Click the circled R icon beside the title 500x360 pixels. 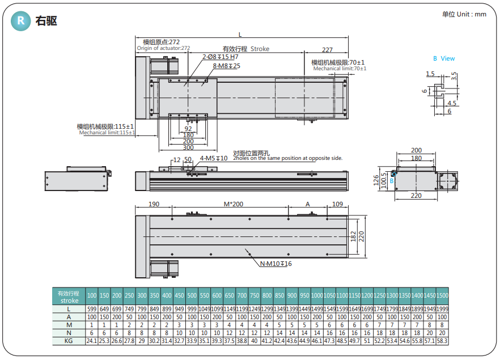point(21,21)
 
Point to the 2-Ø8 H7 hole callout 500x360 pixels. point(220,57)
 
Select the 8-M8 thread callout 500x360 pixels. point(226,66)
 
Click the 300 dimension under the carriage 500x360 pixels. point(189,147)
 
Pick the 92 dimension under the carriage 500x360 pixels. point(189,129)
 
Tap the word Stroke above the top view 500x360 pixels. point(260,49)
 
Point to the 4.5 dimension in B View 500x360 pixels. point(452,103)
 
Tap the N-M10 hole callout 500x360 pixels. point(276,264)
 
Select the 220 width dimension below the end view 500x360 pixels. point(416,196)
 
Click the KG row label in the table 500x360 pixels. point(69,341)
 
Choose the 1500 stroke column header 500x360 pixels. point(442,296)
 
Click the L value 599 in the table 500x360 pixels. point(91,309)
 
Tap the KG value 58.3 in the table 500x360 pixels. point(442,341)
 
